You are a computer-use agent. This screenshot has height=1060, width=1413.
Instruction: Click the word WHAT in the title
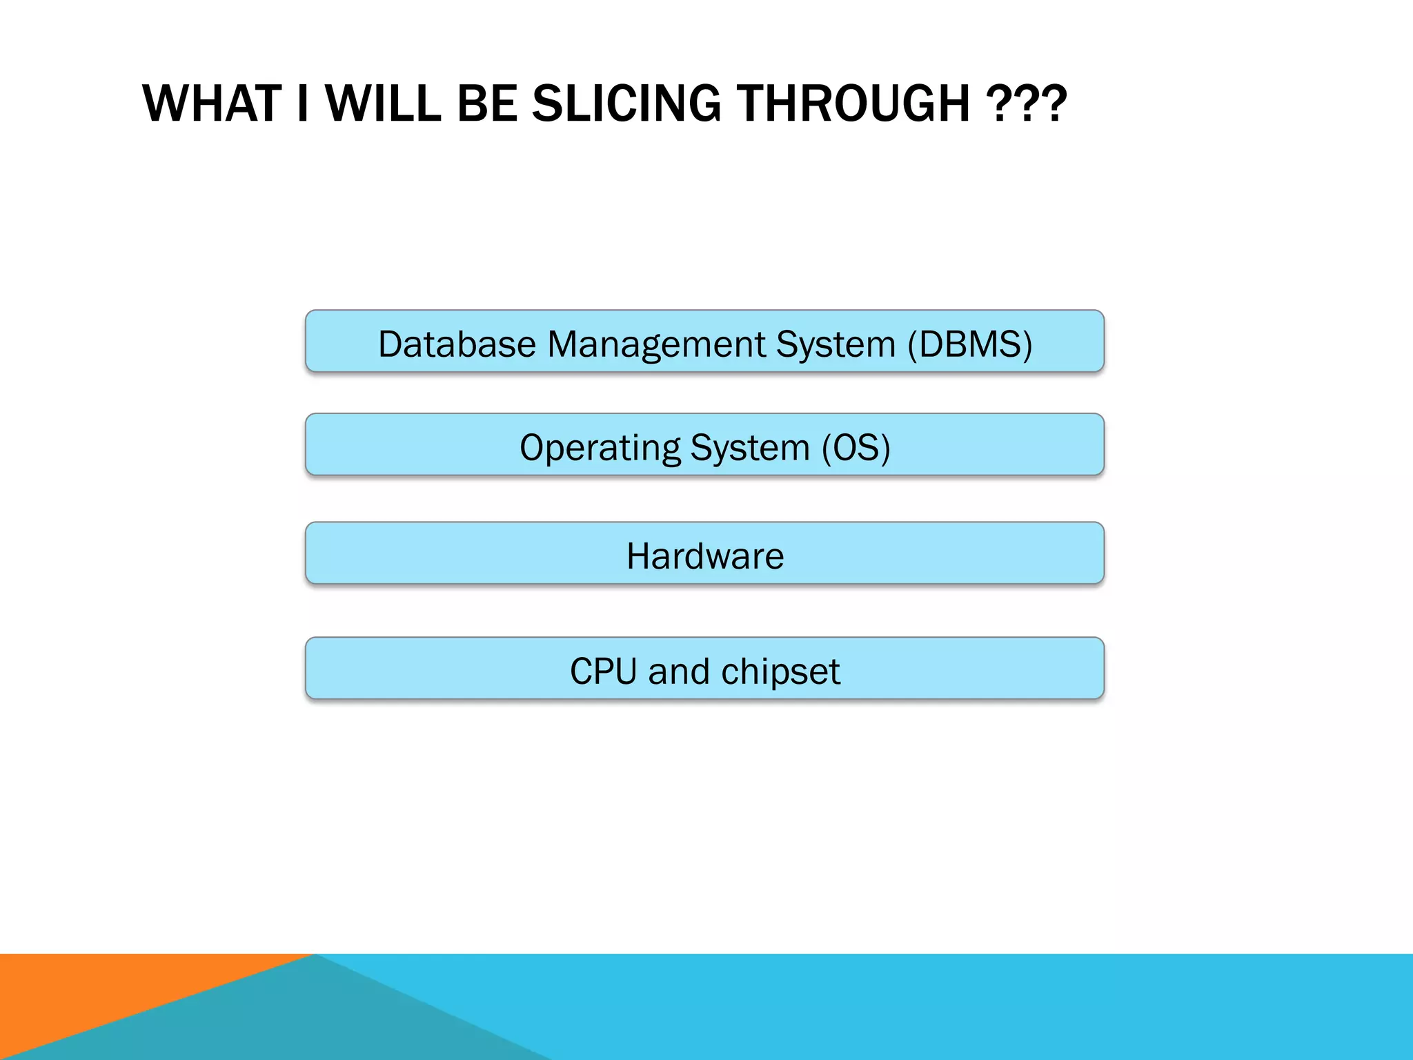point(212,104)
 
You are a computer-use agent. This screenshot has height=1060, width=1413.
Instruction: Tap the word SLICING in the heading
point(626,104)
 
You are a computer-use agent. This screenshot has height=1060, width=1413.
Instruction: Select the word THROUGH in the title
point(853,104)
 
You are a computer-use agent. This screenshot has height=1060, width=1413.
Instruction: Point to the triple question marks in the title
point(1026,104)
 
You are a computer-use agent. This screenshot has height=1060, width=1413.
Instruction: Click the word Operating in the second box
point(600,447)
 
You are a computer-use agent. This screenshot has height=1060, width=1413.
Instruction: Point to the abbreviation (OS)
point(856,447)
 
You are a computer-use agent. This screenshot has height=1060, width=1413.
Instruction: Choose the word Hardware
point(705,556)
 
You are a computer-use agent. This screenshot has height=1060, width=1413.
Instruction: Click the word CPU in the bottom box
point(603,671)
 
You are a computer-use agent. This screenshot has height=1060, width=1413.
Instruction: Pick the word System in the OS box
point(750,447)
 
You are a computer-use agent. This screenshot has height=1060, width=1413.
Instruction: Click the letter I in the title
point(302,104)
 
